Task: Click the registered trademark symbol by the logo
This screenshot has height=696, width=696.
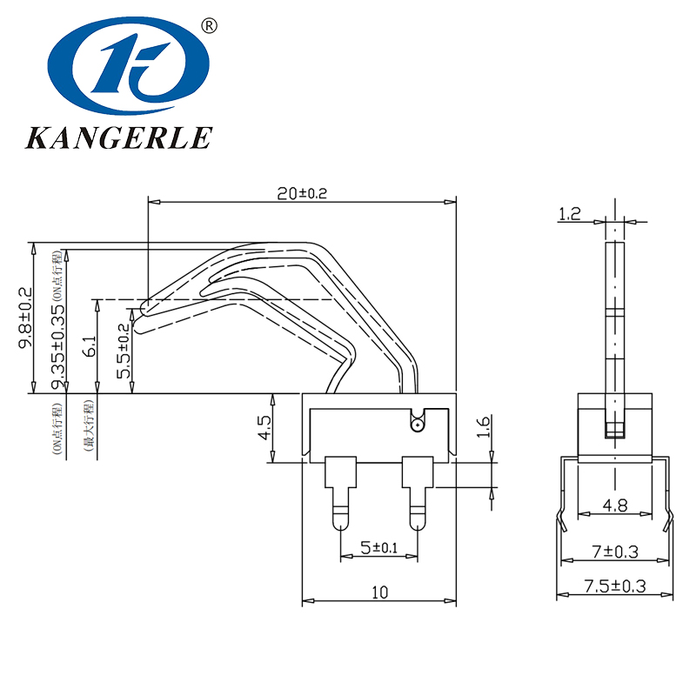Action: [209, 26]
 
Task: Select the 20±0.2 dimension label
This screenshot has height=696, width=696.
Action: [302, 194]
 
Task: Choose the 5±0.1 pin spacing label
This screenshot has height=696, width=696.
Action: [378, 548]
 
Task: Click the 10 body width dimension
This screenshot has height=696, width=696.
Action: [379, 592]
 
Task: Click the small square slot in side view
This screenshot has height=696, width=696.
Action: [615, 429]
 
